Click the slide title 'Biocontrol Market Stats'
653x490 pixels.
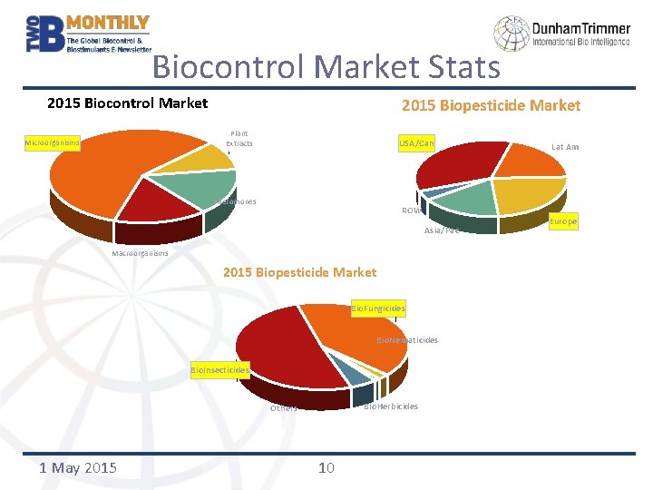[326, 67]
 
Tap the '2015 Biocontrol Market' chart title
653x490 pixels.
[127, 103]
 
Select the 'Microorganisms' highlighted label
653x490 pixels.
[52, 142]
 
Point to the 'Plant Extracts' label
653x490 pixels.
[239, 139]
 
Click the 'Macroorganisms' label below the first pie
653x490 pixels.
[140, 253]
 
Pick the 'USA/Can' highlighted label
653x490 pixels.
[416, 143]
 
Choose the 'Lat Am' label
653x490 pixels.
[564, 147]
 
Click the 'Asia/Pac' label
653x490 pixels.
[441, 230]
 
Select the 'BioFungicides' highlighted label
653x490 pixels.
[378, 309]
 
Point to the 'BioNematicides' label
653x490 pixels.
[407, 340]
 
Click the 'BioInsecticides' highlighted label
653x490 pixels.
[219, 369]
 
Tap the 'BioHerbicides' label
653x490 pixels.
[391, 407]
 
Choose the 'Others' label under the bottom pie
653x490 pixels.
[284, 408]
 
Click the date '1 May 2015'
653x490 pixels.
[78, 467]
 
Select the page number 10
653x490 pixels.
[326, 467]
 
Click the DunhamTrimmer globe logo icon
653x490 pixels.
[511, 34]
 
